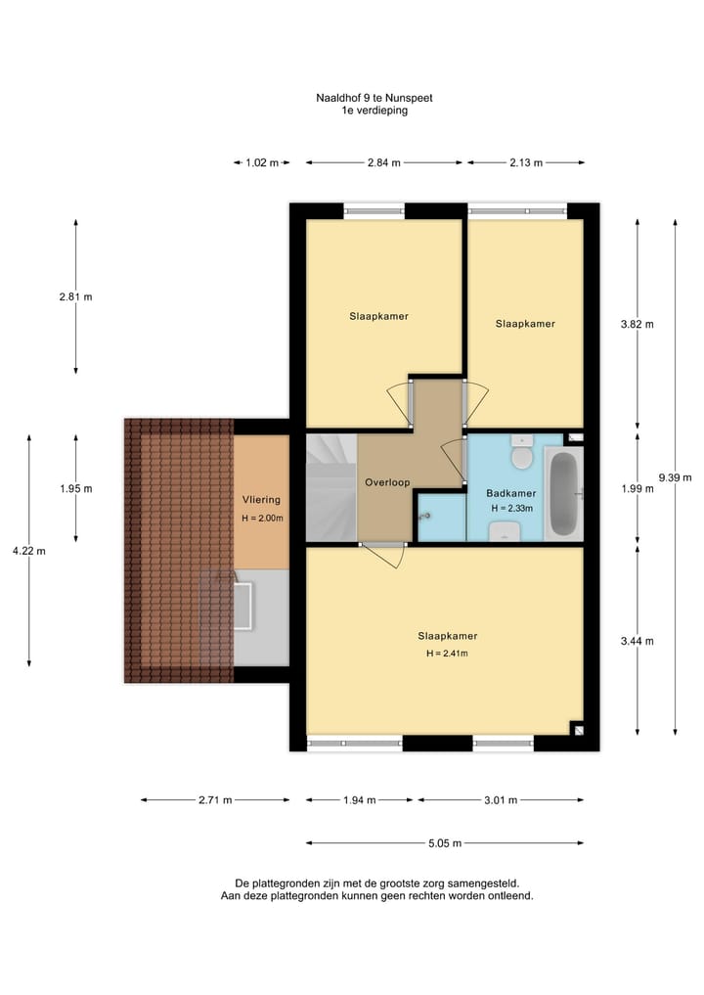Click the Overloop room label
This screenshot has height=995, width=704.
pyautogui.click(x=387, y=482)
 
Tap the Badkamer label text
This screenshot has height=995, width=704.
pyautogui.click(x=510, y=493)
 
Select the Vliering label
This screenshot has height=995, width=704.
pyautogui.click(x=261, y=500)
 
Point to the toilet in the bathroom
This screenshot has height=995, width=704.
pyautogui.click(x=522, y=455)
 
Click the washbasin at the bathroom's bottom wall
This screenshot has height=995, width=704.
pyautogui.click(x=504, y=530)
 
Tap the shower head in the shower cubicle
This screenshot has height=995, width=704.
pyautogui.click(x=425, y=515)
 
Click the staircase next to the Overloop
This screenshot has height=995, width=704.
pyautogui.click(x=330, y=487)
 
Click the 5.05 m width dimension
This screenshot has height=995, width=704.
pyautogui.click(x=445, y=843)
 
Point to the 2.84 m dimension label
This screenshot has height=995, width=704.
pyautogui.click(x=384, y=163)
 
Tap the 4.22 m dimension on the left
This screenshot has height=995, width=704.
pyautogui.click(x=28, y=551)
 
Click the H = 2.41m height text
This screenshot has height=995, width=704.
pyautogui.click(x=446, y=654)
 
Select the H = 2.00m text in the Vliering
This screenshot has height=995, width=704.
pyautogui.click(x=262, y=518)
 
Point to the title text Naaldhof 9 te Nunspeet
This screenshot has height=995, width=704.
pyautogui.click(x=375, y=98)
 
